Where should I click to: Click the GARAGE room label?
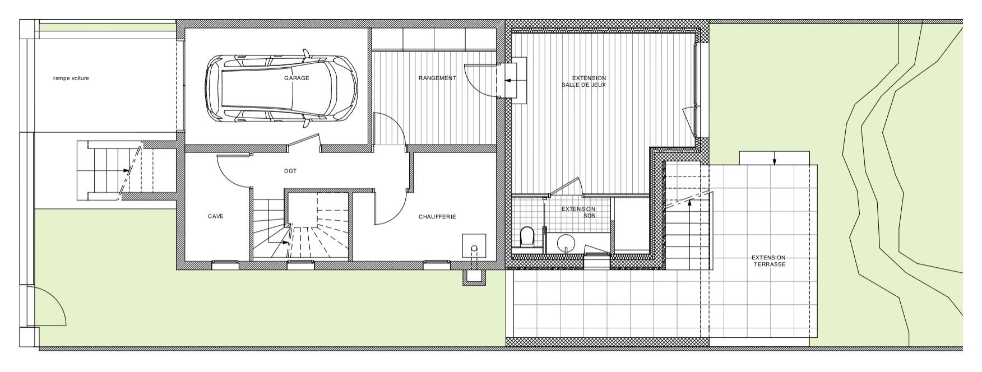(x=296, y=78)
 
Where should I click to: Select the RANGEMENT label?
(x=437, y=78)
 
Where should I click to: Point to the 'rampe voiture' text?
(x=71, y=78)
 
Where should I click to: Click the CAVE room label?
(x=216, y=216)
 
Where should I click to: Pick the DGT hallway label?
(x=290, y=171)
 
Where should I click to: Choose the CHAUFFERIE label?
(x=437, y=217)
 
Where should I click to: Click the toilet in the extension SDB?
(x=527, y=236)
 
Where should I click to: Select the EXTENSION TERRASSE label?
(x=768, y=261)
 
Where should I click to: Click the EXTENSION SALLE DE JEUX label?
(x=589, y=82)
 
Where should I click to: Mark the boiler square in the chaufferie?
(x=474, y=245)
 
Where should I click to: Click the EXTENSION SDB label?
(x=578, y=212)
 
